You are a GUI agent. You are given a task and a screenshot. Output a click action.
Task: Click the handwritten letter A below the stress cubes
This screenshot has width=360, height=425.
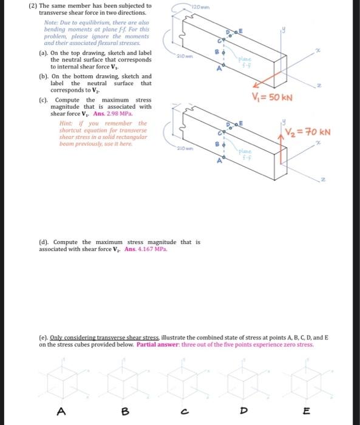tap(61, 411)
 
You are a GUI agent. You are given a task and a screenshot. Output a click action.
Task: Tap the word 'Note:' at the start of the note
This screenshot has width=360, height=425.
tap(52, 22)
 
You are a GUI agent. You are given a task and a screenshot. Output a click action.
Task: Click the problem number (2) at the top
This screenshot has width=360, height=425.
tap(33, 6)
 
